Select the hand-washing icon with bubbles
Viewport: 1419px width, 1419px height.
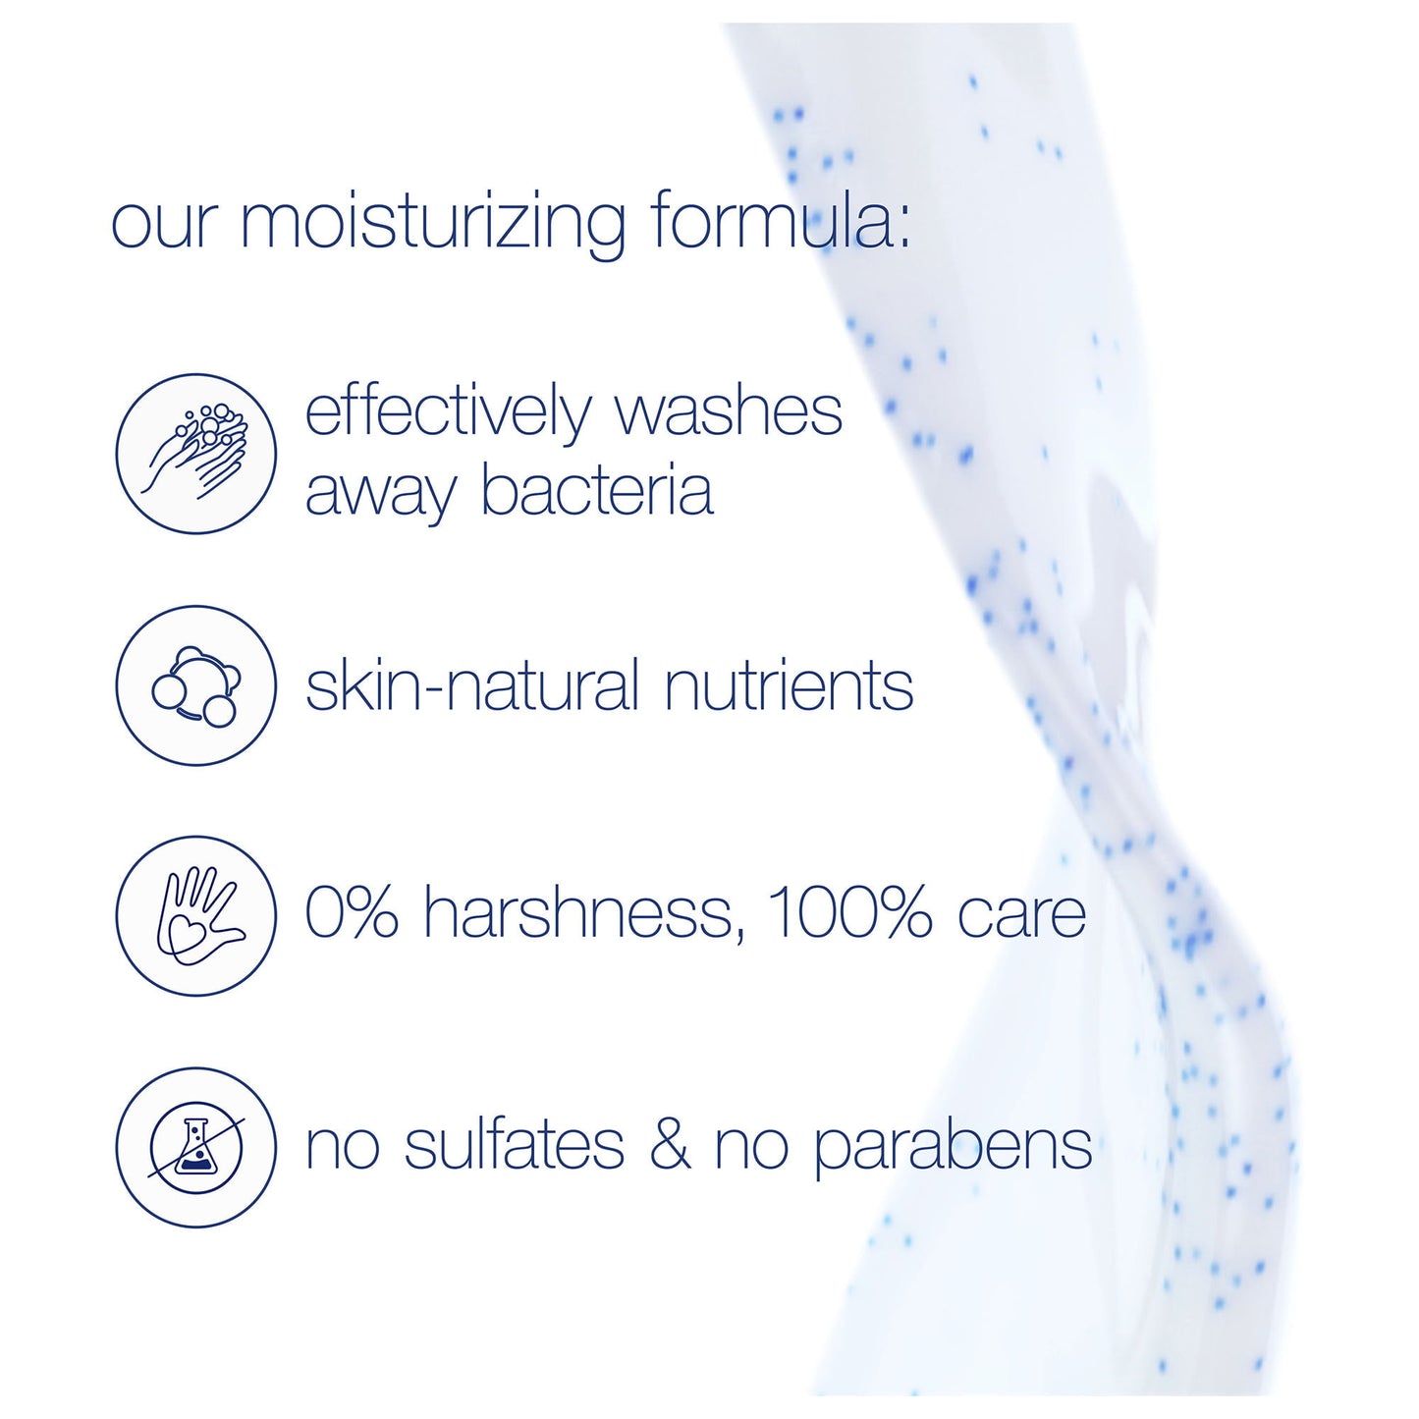click(195, 453)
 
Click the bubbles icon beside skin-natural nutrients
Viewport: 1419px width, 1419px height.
click(195, 684)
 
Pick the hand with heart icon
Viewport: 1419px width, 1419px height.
click(195, 915)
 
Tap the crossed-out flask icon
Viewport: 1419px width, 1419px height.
click(195, 1147)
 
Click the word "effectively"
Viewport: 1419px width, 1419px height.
click(448, 411)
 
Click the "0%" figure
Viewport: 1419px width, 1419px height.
click(352, 914)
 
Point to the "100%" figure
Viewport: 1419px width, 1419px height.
click(847, 914)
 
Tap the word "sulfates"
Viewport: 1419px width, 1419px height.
click(515, 1145)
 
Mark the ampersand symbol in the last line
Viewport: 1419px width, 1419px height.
click(670, 1145)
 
